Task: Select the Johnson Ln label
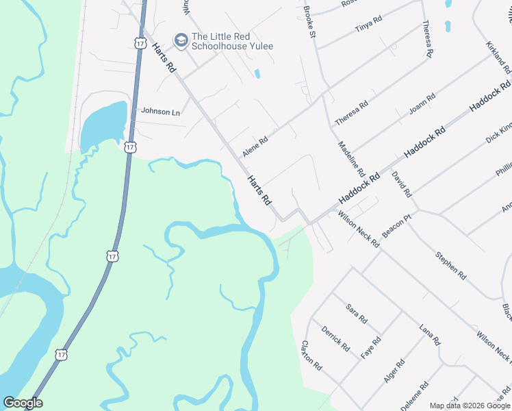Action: click(x=160, y=111)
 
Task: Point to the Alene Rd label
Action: click(x=255, y=145)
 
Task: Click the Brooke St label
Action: click(x=309, y=23)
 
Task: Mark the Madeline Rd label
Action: click(x=352, y=160)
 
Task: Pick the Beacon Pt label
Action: click(x=396, y=226)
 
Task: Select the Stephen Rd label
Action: click(x=450, y=266)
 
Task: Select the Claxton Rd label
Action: click(x=311, y=356)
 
